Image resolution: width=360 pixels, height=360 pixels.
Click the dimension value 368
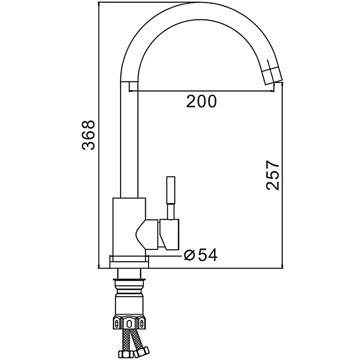88,135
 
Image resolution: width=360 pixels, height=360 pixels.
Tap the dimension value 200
201,101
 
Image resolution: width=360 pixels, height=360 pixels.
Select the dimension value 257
273,175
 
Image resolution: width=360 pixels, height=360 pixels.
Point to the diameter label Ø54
201,255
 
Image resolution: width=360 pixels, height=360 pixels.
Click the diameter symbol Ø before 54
189,255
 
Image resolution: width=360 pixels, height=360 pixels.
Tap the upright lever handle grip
171,190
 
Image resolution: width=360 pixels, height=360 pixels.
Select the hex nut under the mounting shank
129,323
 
